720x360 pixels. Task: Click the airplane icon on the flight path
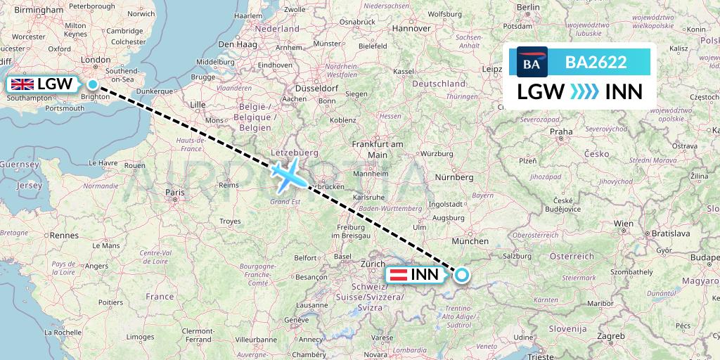[x=288, y=174]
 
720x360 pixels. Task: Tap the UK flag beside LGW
[x=22, y=84]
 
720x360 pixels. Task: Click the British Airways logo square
[x=532, y=62]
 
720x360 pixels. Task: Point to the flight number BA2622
[x=596, y=62]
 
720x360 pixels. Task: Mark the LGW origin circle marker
[x=92, y=84]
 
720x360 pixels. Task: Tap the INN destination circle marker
[x=462, y=275]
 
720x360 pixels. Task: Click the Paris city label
[x=174, y=191]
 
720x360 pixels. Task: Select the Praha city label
[x=561, y=131]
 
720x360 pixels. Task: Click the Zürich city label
[x=373, y=263]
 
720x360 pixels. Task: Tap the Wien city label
[x=622, y=223]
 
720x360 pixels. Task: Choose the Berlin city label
[x=527, y=7]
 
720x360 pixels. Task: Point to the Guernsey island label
[x=16, y=164]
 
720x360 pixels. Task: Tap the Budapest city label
[x=707, y=258]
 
